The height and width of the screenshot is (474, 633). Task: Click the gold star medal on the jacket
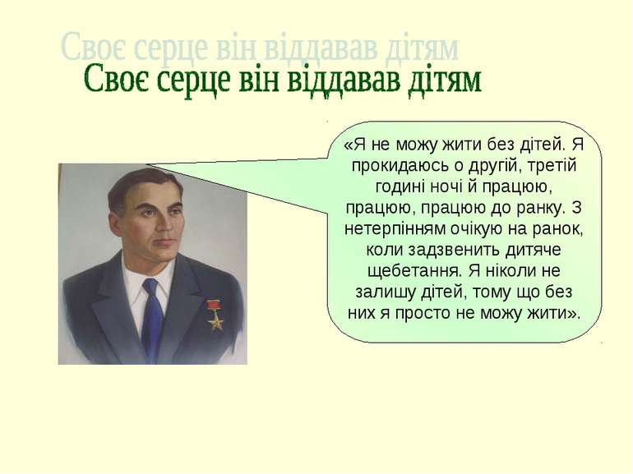[216, 321]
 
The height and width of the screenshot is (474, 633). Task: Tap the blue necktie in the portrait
[152, 319]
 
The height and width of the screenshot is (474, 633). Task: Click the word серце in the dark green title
[191, 79]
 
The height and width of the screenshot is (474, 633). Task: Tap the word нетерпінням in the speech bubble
[395, 229]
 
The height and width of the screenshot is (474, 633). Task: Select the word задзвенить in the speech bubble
[454, 250]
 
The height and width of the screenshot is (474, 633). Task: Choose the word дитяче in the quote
[534, 251]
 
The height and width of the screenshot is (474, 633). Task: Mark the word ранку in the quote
[534, 209]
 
